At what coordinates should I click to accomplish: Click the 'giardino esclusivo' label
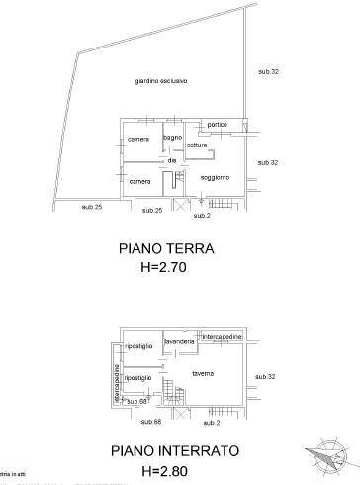pyautogui.click(x=162, y=80)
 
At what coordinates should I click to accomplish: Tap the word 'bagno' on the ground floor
pyautogui.click(x=174, y=137)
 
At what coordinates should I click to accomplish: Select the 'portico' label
pyautogui.click(x=218, y=125)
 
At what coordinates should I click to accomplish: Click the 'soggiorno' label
pyautogui.click(x=215, y=177)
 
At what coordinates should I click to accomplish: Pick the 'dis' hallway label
pyautogui.click(x=171, y=160)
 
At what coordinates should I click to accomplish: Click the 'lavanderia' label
pyautogui.click(x=179, y=341)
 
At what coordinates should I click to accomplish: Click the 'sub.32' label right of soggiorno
pyautogui.click(x=267, y=162)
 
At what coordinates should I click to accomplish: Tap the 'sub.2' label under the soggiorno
pyautogui.click(x=202, y=215)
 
